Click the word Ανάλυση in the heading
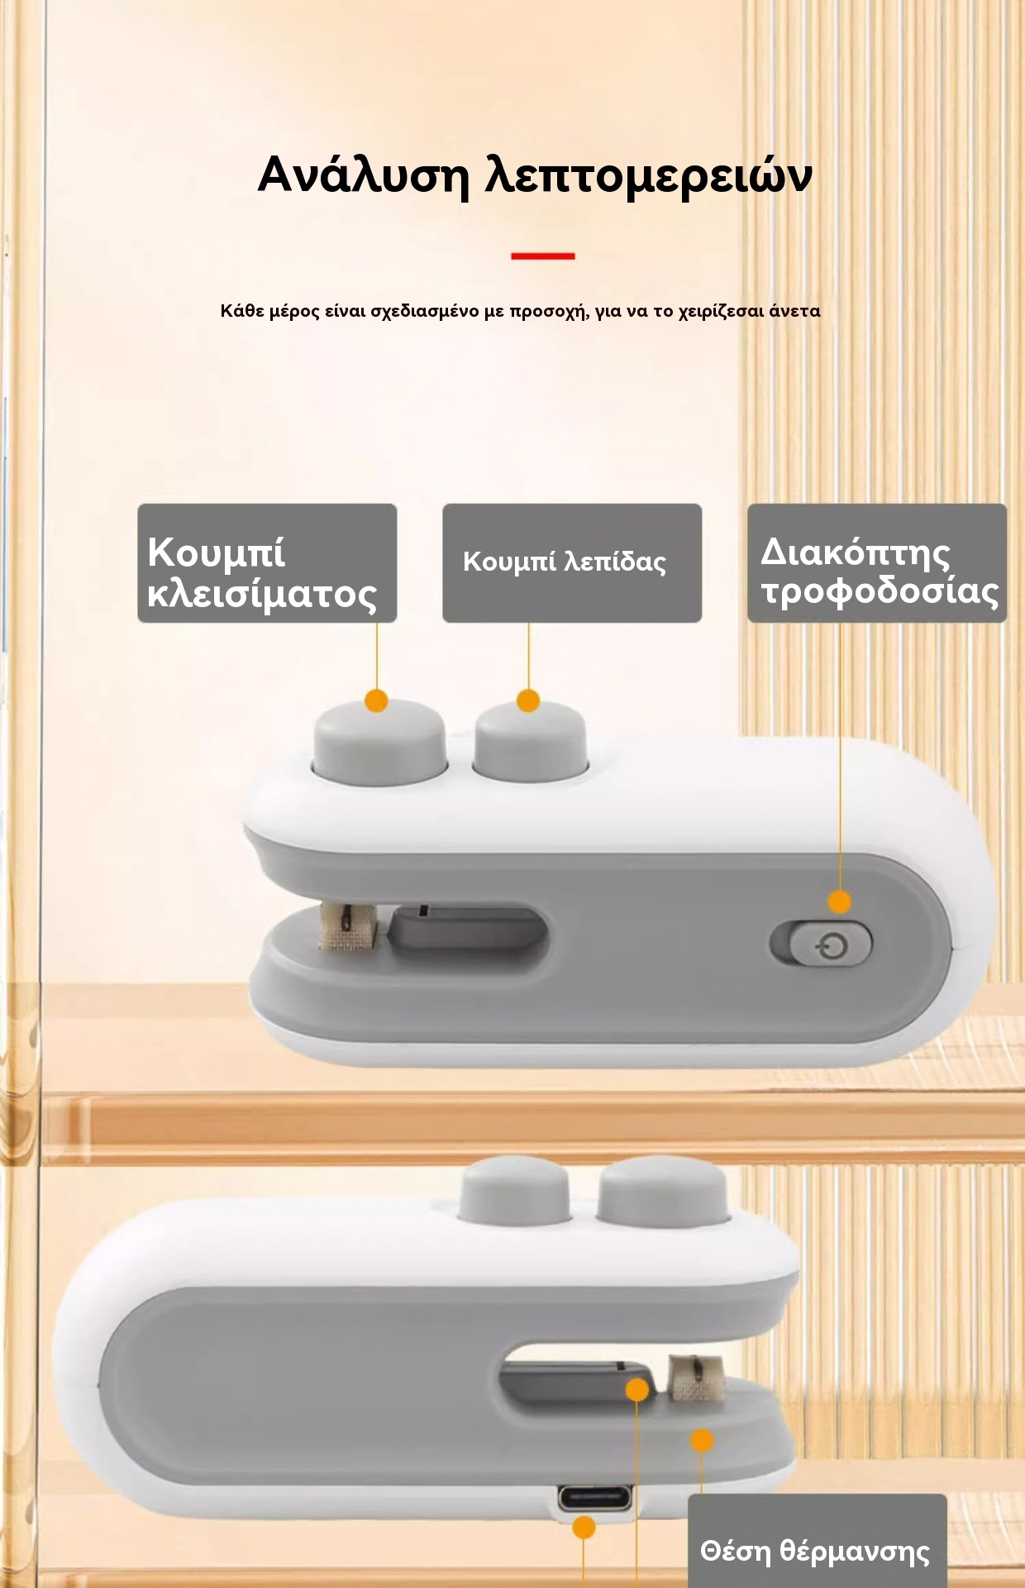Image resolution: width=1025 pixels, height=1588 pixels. pos(363,175)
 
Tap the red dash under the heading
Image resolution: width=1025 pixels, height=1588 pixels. pos(542,256)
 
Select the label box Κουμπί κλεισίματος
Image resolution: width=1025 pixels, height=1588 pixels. pos(267,563)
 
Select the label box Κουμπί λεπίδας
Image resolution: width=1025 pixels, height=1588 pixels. pos(572,563)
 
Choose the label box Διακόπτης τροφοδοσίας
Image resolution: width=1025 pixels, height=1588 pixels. pos(877,563)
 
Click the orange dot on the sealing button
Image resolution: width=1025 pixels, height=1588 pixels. pos(376,701)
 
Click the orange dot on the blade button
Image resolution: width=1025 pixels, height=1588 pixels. pos(528,701)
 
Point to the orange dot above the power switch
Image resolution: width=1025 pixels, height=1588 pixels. pos(840,902)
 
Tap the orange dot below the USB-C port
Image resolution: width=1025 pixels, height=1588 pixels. pos(584,1528)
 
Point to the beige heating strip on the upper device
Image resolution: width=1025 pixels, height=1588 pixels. pos(348,926)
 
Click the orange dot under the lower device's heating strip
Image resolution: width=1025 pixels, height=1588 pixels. pos(702,1440)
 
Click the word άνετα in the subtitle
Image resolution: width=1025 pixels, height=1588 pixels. pos(794,312)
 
